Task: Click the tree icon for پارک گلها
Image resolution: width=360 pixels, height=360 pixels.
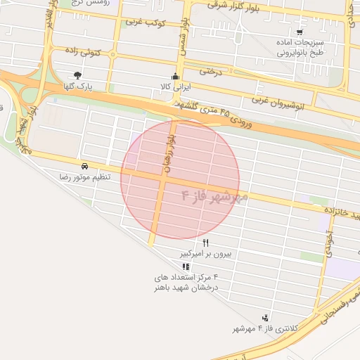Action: point(77,75)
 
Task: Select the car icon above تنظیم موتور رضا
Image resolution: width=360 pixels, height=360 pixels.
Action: point(84,166)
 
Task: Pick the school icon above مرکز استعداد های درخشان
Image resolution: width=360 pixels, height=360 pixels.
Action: point(186,267)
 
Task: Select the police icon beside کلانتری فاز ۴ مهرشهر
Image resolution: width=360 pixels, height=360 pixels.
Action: point(264,319)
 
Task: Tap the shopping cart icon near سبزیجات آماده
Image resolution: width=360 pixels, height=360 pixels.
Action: point(300,32)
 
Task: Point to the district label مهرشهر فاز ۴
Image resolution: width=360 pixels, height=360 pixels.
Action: point(215,196)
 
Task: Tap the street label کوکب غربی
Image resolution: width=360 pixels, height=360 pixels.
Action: point(144,22)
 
